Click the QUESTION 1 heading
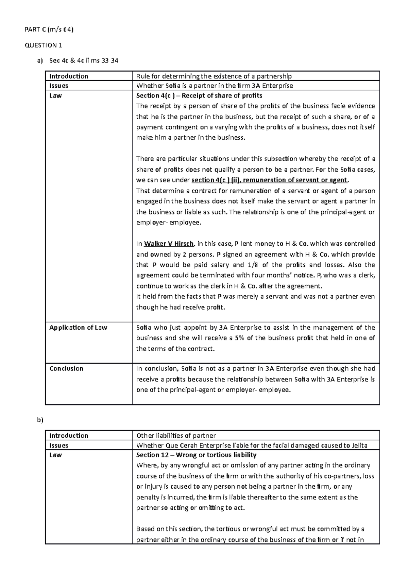click(44, 45)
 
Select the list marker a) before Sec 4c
click(40, 61)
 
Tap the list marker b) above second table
click(40, 420)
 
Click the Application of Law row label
click(78, 328)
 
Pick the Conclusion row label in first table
click(66, 368)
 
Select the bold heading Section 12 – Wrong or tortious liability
click(196, 455)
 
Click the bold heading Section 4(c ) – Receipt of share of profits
click(199, 95)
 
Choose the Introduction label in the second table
click(69, 435)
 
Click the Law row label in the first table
click(55, 95)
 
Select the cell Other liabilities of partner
click(176, 435)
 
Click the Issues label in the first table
click(59, 86)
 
